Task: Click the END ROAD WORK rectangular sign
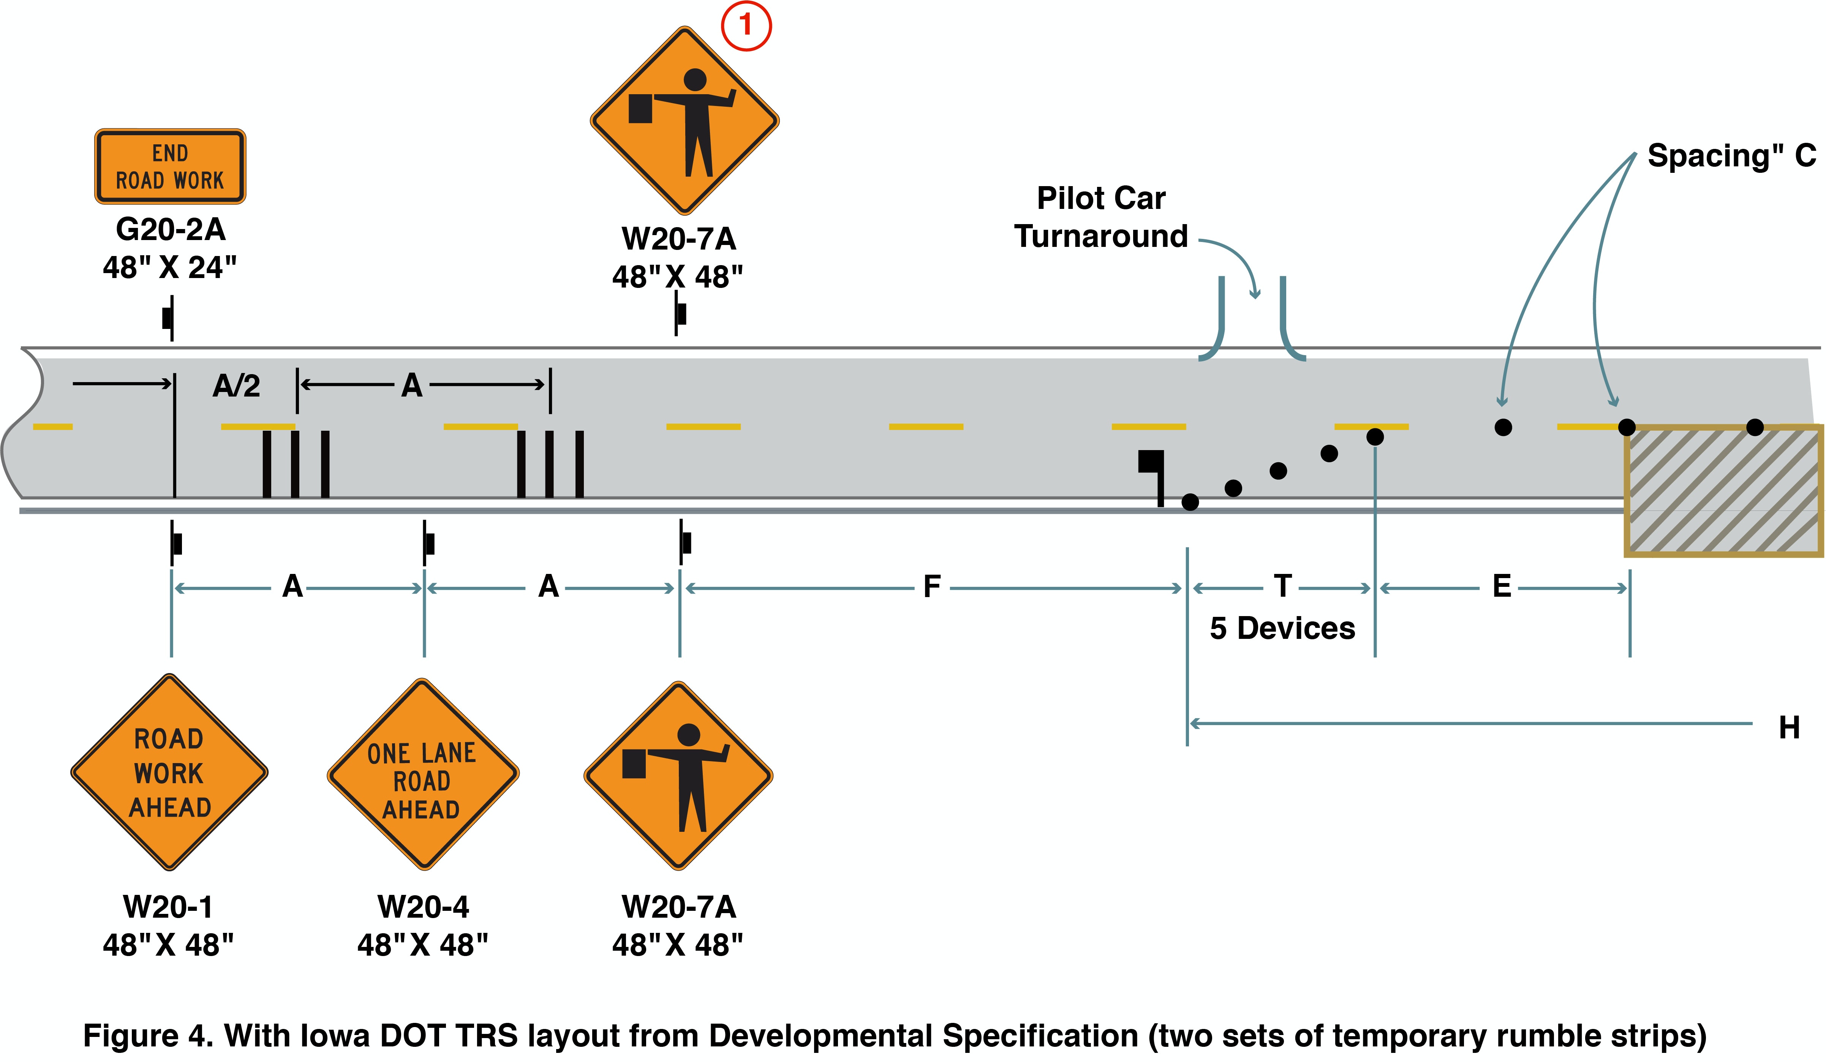pyautogui.click(x=170, y=167)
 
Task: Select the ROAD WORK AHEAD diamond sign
pyautogui.click(x=169, y=772)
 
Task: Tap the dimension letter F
pyautogui.click(x=932, y=587)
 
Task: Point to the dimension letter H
pyautogui.click(x=1789, y=727)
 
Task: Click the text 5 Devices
pyautogui.click(x=1282, y=628)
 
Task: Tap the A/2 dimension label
pyautogui.click(x=236, y=386)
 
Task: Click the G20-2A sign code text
pyautogui.click(x=171, y=230)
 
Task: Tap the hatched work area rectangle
pyautogui.click(x=1723, y=491)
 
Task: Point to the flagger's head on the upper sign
pyautogui.click(x=695, y=80)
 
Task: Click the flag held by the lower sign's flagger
pyautogui.click(x=634, y=763)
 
